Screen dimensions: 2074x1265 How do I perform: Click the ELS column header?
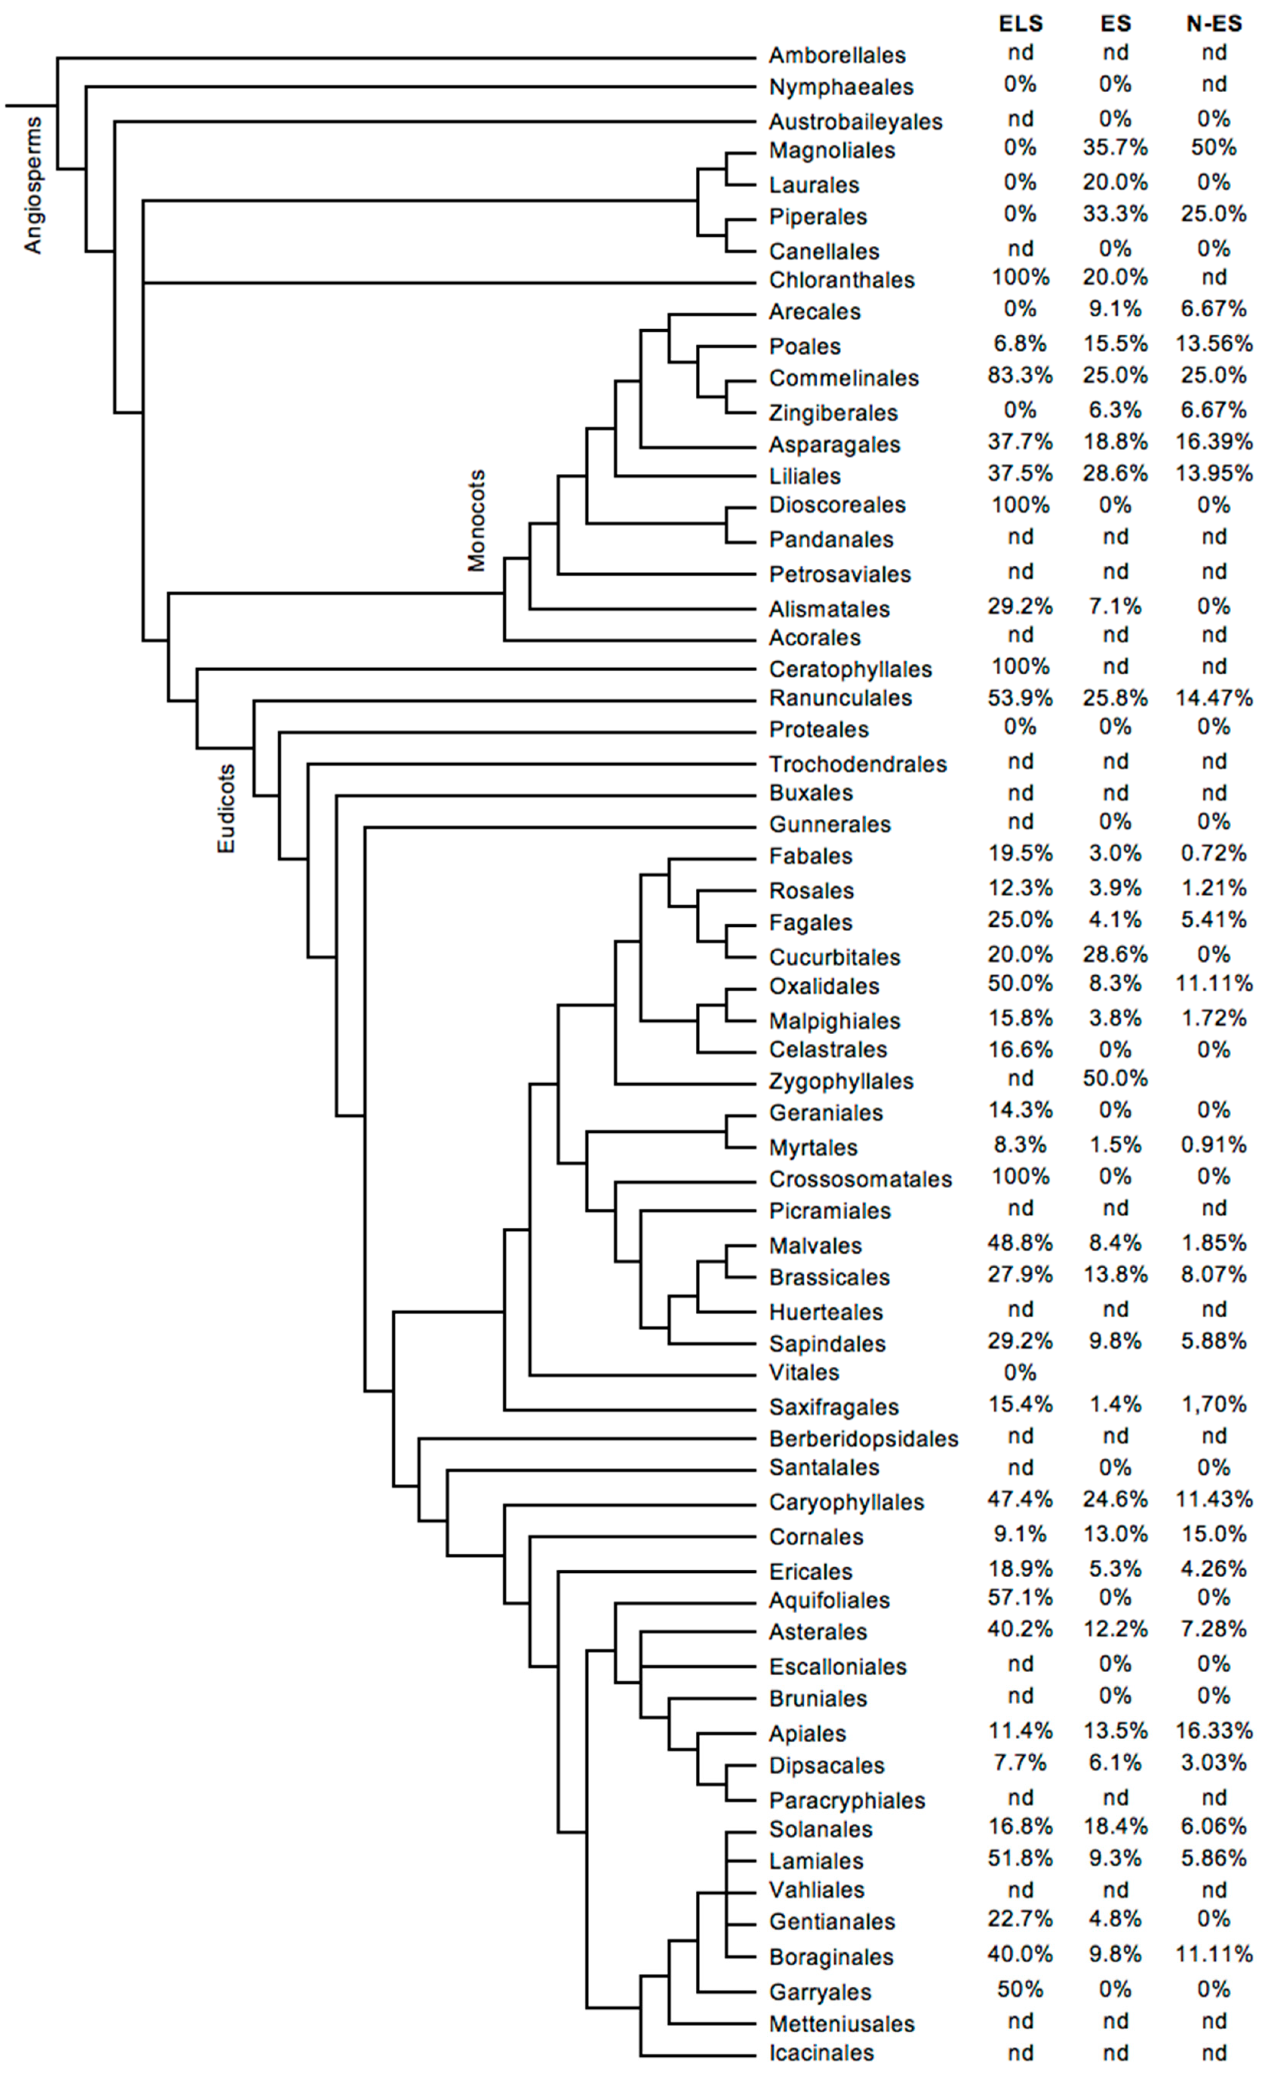pos(1020,24)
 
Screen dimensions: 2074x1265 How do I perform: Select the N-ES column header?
pos(1214,24)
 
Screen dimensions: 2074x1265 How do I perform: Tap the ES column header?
pos(1115,24)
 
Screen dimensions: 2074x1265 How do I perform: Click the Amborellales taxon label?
pos(837,56)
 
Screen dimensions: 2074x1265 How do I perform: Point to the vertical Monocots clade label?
pos(476,520)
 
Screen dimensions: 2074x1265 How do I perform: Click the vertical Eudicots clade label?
pos(226,808)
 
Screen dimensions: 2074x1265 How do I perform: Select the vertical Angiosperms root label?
pos(32,185)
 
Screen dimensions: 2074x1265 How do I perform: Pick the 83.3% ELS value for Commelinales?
pos(1020,375)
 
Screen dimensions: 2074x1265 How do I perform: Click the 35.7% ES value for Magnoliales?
pos(1115,148)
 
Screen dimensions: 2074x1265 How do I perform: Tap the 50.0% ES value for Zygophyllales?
pos(1115,1078)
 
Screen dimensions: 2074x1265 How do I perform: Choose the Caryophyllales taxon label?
pos(846,1503)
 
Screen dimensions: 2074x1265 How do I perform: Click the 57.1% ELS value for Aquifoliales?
pos(1020,1598)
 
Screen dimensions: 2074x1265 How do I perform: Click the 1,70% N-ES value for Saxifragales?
pos(1214,1404)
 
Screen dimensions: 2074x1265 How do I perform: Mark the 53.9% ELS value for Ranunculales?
pos(1020,698)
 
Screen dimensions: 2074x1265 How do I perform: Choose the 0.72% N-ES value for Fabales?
pos(1214,854)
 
